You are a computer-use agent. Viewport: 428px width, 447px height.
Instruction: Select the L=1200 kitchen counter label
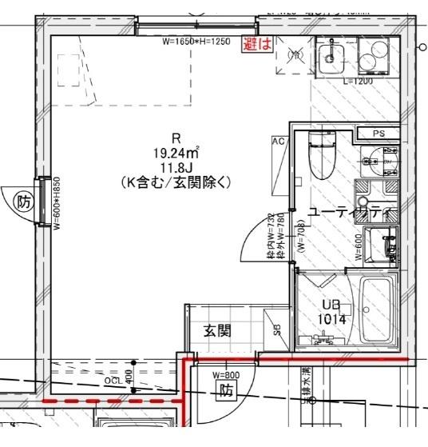pyautogui.click(x=357, y=82)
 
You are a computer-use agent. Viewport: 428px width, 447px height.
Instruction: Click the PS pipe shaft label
pyautogui.click(x=378, y=134)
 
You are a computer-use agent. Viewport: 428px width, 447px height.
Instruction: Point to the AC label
pyautogui.click(x=278, y=141)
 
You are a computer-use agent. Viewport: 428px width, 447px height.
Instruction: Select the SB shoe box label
pyautogui.click(x=277, y=329)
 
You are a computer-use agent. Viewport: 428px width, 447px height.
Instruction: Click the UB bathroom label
pyautogui.click(x=330, y=305)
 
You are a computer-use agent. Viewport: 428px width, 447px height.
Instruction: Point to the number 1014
pyautogui.click(x=331, y=318)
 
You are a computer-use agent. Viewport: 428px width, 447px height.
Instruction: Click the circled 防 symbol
pyautogui.click(x=24, y=203)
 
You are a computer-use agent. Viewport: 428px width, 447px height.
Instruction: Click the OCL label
pyautogui.click(x=113, y=381)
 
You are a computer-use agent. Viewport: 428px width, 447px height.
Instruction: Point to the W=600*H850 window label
pyautogui.click(x=57, y=203)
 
